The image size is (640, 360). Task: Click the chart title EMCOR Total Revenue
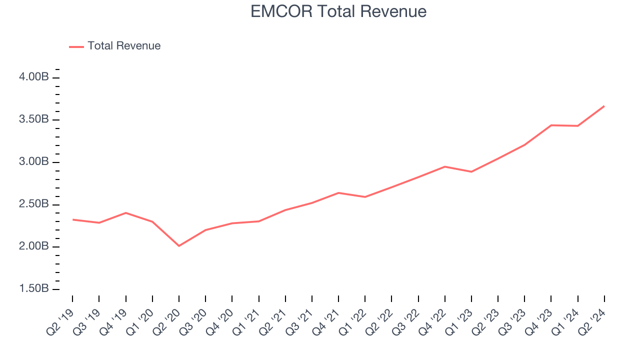pos(338,11)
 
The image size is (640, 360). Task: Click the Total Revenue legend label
pos(124,46)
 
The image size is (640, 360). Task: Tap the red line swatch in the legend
pos(76,46)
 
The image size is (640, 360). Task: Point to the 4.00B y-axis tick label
pos(34,77)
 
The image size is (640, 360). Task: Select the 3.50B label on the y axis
pos(34,120)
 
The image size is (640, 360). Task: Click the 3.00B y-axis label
pos(34,162)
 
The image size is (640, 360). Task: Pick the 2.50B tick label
pos(34,204)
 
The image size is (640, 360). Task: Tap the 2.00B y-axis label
pos(34,247)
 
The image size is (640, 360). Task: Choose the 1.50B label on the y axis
pos(34,289)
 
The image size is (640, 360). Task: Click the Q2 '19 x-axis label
pos(60,318)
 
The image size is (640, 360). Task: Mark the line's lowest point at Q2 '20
pos(179,246)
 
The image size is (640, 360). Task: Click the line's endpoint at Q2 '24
pos(604,106)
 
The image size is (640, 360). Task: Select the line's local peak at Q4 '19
pos(125,213)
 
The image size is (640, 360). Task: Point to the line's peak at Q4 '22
pos(445,166)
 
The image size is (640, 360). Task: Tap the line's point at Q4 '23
pos(551,125)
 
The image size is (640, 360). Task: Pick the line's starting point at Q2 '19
pos(72,219)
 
